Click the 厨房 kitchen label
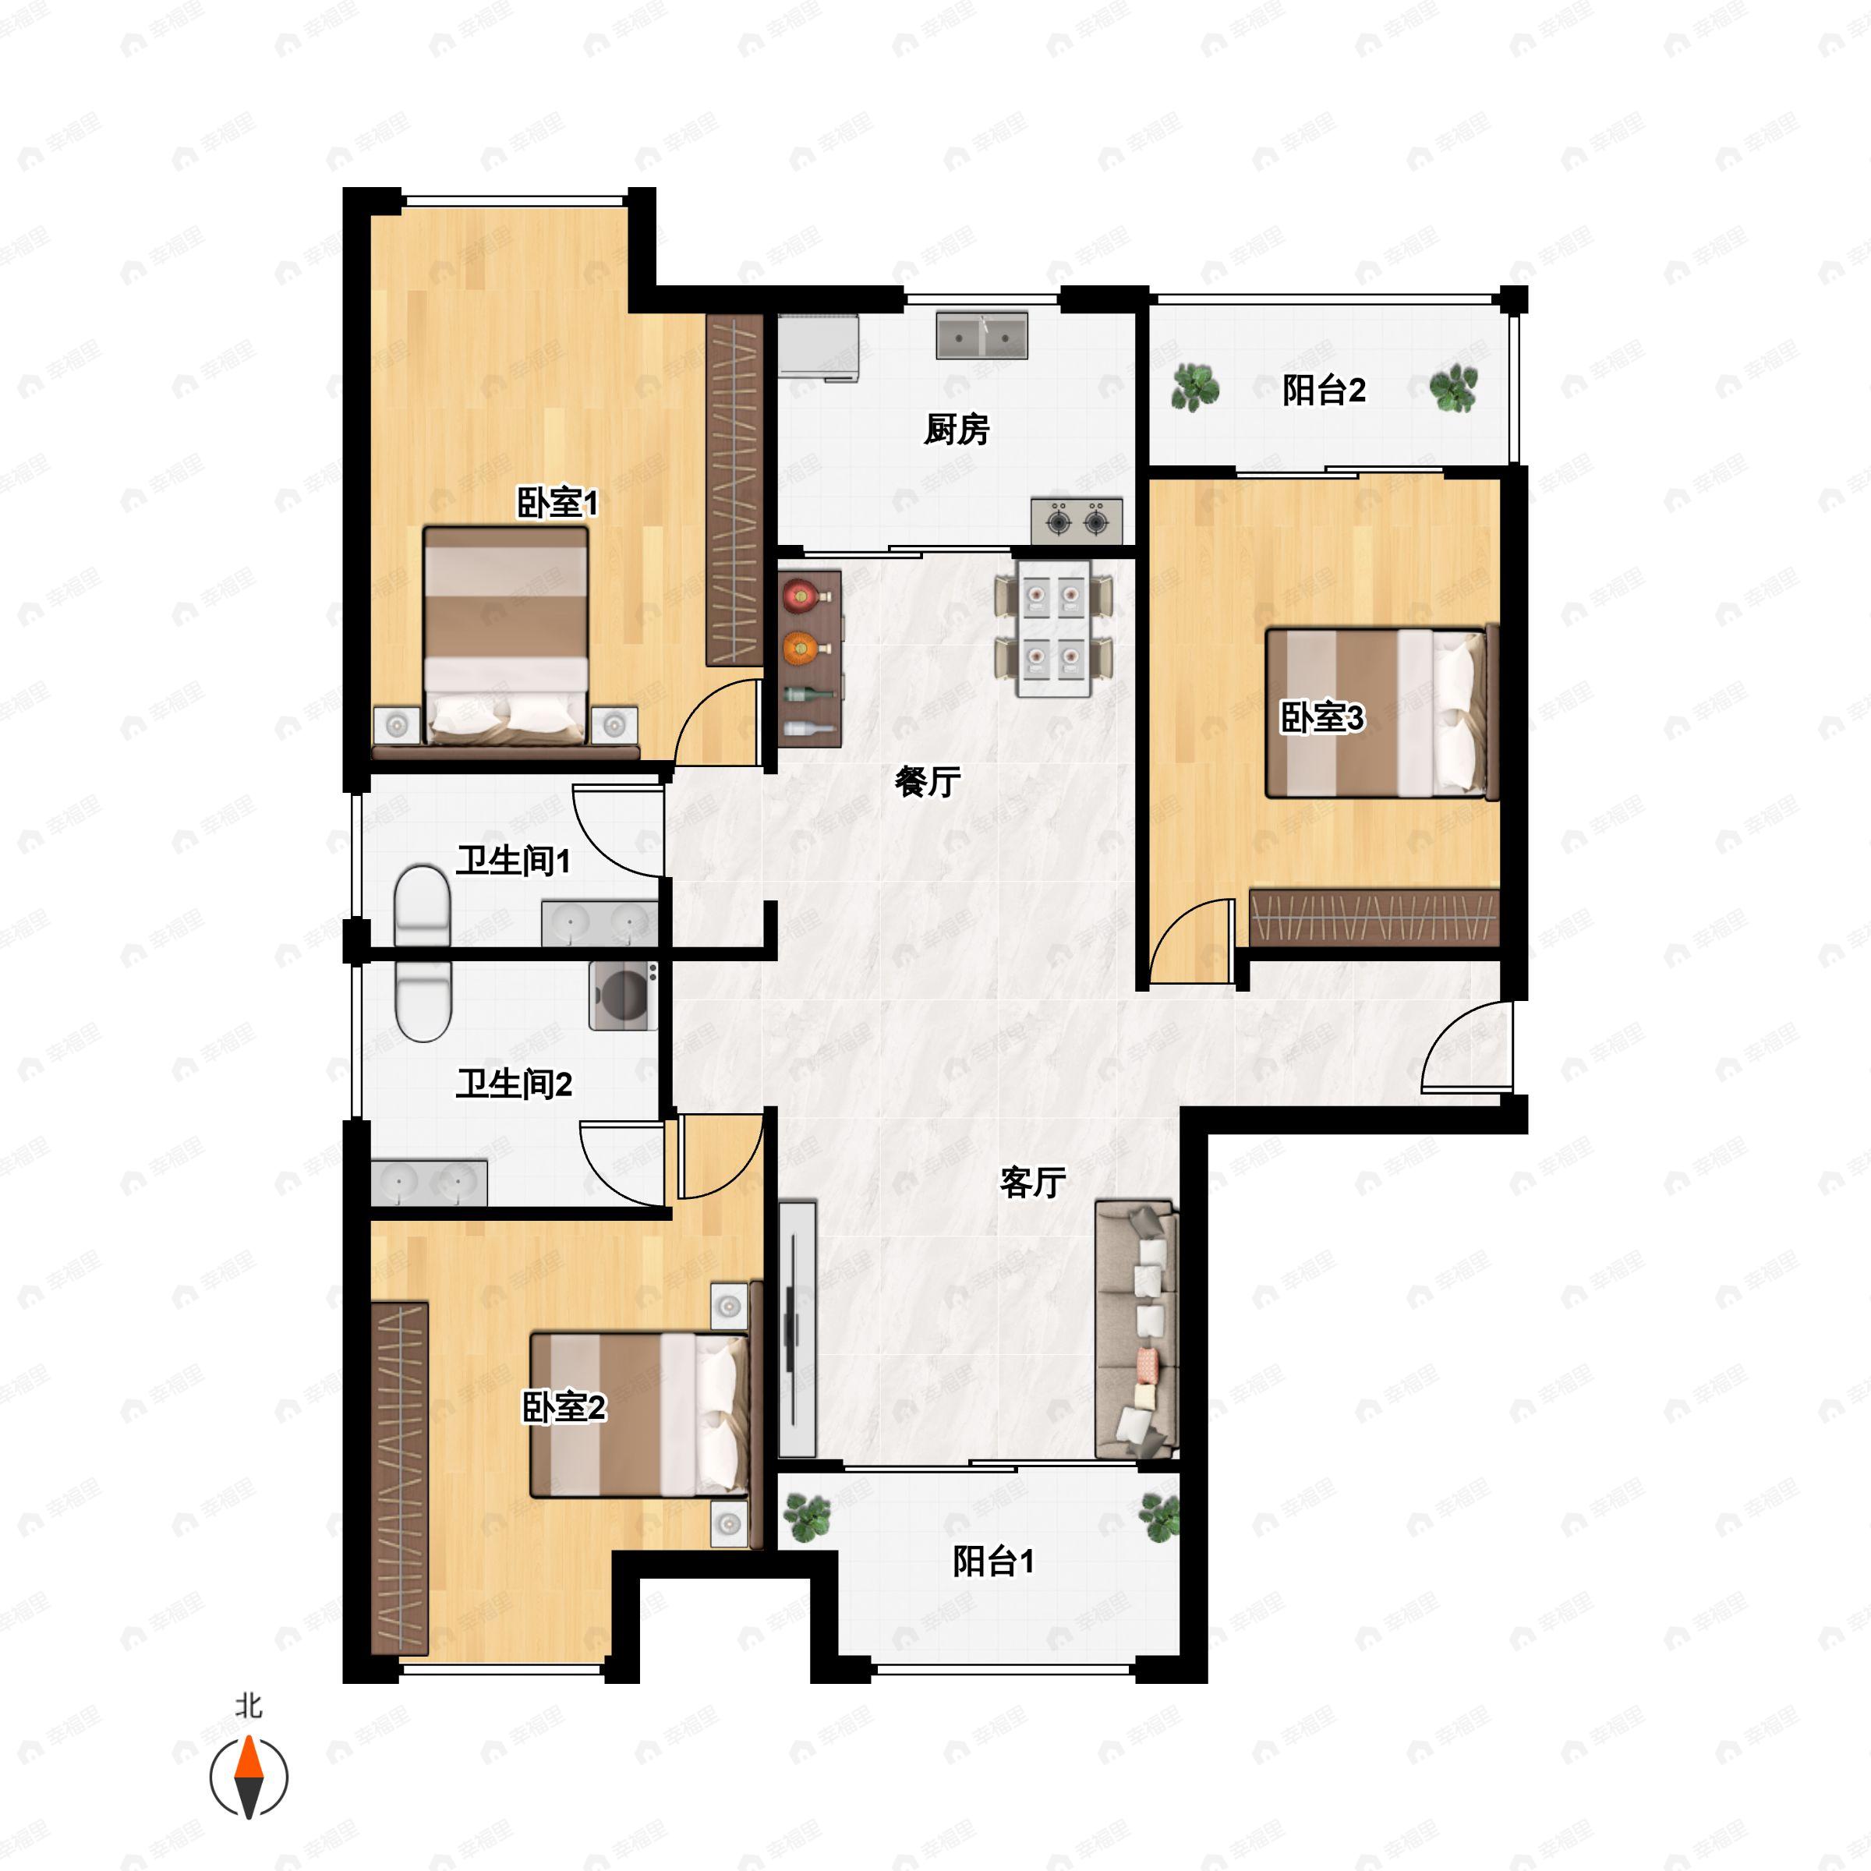[x=956, y=428]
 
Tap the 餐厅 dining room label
[x=927, y=780]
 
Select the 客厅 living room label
[x=1032, y=1182]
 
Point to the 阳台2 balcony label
[x=1324, y=391]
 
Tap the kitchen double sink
[x=981, y=335]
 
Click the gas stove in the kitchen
[x=1077, y=521]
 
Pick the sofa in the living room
[x=1136, y=1330]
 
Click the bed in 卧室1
[x=505, y=636]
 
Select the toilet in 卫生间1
[x=423, y=905]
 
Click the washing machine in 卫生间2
[x=623, y=996]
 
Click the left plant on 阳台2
[x=1195, y=387]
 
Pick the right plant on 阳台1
[x=1159, y=1516]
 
